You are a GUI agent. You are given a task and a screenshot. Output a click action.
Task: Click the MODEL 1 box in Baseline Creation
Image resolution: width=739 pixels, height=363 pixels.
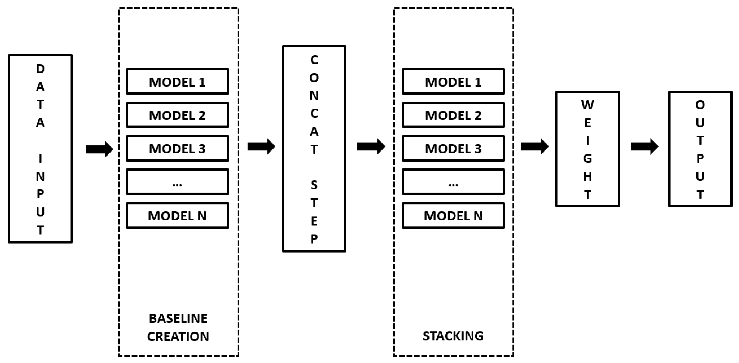pos(177,81)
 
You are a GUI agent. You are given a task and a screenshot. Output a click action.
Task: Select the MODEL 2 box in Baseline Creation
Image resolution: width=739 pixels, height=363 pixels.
pos(177,115)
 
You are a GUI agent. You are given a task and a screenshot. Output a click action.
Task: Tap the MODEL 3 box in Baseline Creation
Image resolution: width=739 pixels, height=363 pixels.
pos(177,148)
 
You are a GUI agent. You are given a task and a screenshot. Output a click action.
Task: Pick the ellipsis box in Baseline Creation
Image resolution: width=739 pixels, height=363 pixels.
pos(177,182)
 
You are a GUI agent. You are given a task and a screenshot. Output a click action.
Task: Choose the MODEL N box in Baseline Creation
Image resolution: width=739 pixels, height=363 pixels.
pos(177,215)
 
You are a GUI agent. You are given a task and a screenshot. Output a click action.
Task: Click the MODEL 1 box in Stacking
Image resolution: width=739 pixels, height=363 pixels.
pos(453,81)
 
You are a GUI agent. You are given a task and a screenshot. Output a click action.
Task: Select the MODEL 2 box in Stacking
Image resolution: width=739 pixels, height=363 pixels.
pos(453,115)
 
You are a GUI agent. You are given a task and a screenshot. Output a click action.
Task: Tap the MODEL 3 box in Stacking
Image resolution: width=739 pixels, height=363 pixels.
pos(453,148)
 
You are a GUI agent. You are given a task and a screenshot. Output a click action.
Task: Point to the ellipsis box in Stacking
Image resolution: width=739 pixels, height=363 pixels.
pos(453,182)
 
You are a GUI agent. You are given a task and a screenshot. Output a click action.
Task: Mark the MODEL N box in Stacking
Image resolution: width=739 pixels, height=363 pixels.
pos(453,215)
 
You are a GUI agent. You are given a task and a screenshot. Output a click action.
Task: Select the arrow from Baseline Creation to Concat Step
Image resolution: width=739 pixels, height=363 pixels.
pos(261,147)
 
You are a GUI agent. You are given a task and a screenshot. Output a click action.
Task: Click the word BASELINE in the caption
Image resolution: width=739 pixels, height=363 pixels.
pos(178,319)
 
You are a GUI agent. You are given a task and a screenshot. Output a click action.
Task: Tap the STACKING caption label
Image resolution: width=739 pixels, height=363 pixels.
pos(453,336)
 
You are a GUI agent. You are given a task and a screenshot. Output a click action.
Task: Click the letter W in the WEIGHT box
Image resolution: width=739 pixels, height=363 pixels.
pos(587,105)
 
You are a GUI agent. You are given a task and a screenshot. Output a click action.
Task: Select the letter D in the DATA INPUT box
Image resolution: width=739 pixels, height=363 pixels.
pos(40,69)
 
